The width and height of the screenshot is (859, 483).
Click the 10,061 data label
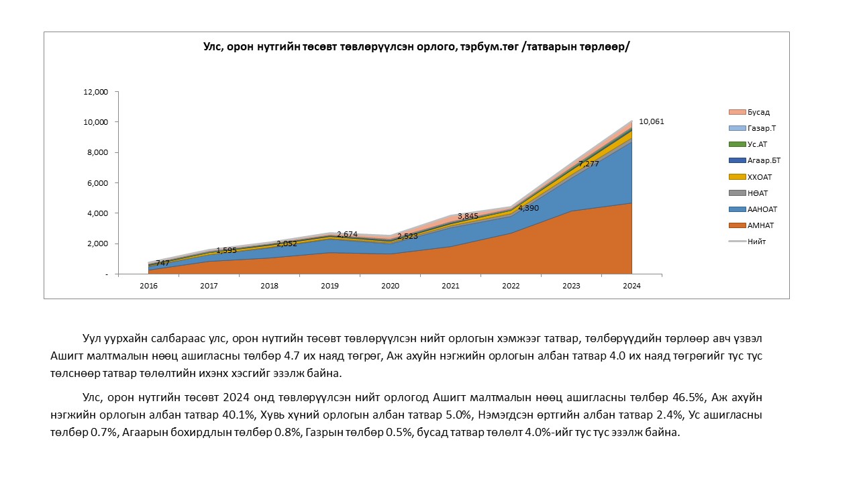(651, 121)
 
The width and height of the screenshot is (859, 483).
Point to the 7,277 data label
(589, 164)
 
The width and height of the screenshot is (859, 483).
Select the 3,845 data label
(468, 216)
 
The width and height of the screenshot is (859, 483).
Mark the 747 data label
(162, 263)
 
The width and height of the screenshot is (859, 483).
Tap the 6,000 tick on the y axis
(98, 183)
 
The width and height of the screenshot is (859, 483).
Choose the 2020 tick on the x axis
(390, 286)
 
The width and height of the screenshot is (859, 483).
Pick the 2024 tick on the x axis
(631, 286)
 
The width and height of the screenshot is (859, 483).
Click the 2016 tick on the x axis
(148, 286)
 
